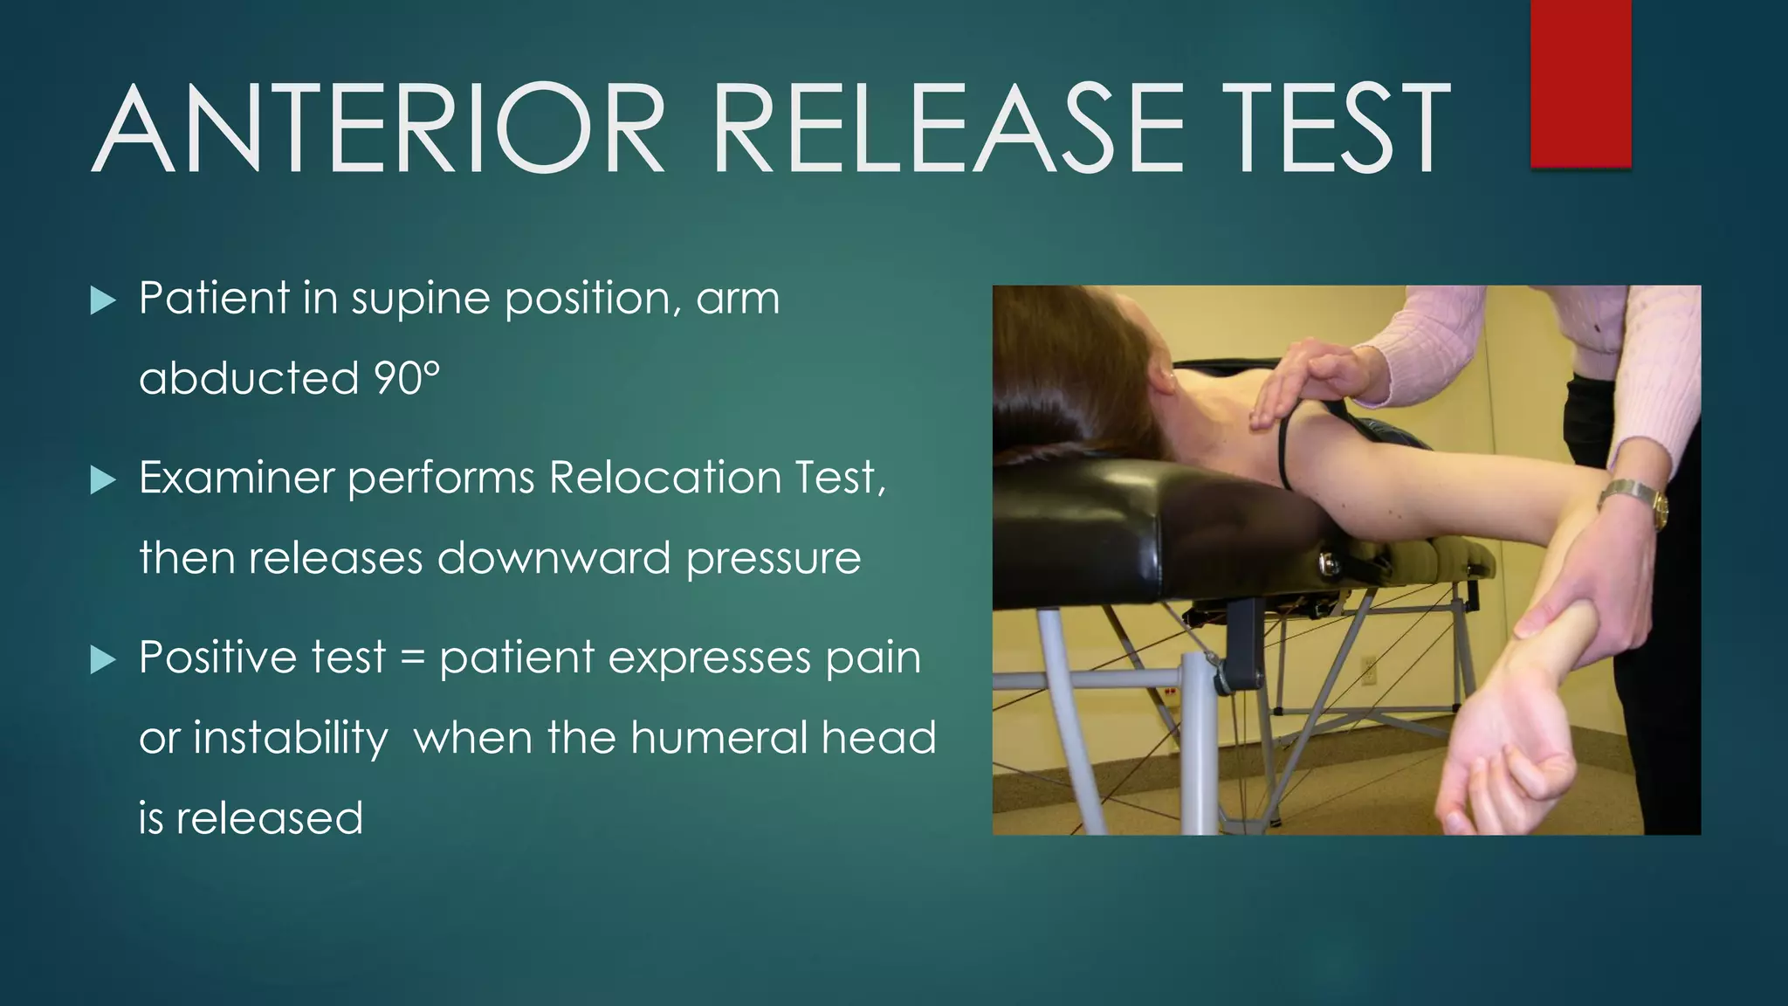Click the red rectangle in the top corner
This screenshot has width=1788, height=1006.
[x=1580, y=83]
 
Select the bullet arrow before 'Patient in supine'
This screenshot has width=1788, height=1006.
[x=103, y=301]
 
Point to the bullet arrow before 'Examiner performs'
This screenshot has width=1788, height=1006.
[x=103, y=480]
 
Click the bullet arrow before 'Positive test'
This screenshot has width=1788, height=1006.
[x=103, y=660]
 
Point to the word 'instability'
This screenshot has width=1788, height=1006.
[x=291, y=739]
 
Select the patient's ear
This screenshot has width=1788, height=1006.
[x=1162, y=376]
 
